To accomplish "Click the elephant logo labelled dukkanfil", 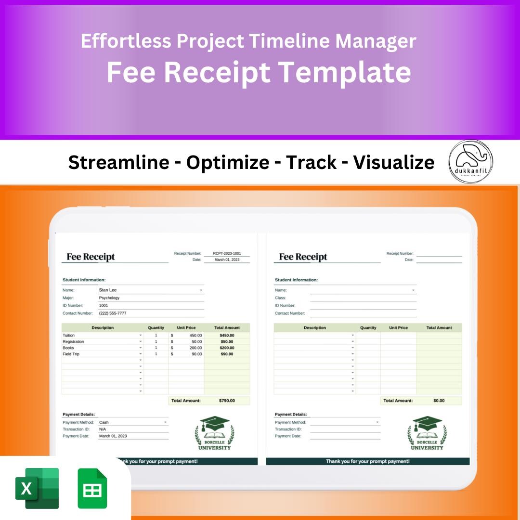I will [x=470, y=161].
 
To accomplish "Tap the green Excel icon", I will [x=37, y=488].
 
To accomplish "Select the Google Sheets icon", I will [x=92, y=488].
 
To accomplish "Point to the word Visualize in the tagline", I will [x=393, y=162].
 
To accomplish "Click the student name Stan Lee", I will [x=108, y=290].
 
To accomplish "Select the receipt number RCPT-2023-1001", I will [x=227, y=253].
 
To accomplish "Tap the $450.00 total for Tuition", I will [x=226, y=335].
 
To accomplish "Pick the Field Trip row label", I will [x=71, y=354].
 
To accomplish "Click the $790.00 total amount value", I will [x=226, y=401].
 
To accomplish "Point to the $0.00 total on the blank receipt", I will [x=439, y=401].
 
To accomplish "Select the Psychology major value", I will [x=109, y=298].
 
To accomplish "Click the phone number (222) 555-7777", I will [x=113, y=313].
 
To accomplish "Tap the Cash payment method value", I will [x=104, y=422].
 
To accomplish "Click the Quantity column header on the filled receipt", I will [x=156, y=328].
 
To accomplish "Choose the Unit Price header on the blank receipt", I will [x=398, y=328].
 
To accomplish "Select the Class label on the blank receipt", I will [x=280, y=298].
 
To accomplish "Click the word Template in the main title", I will [x=345, y=72].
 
